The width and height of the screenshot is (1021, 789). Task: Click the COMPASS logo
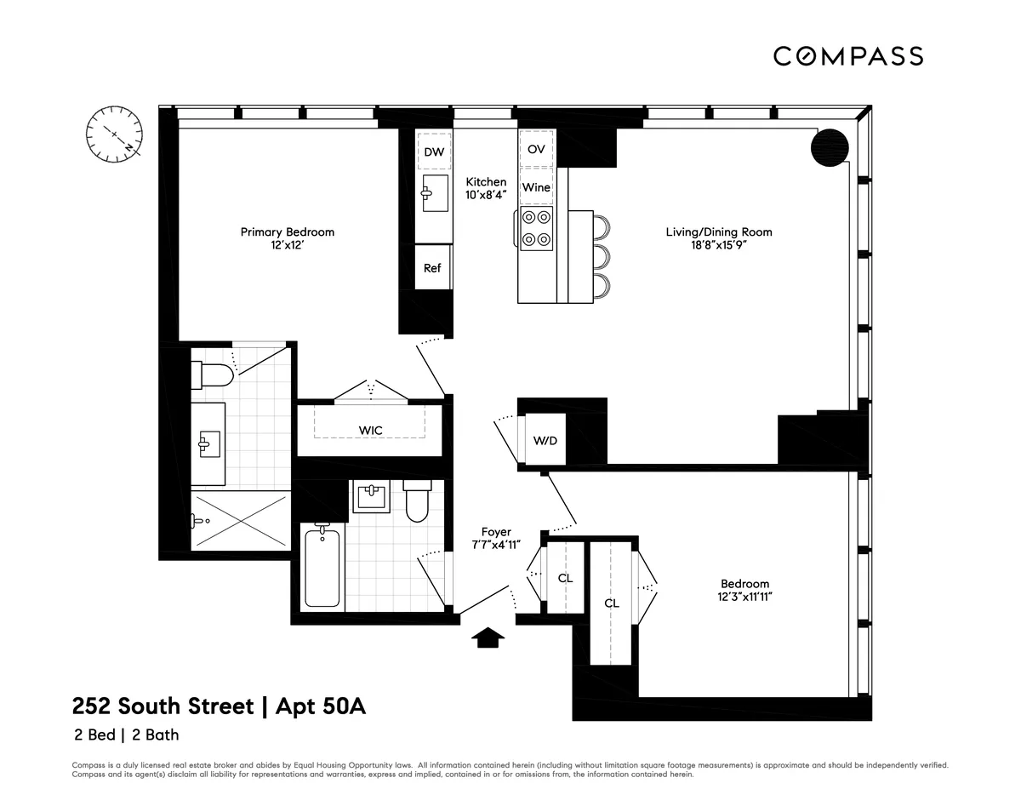coord(847,56)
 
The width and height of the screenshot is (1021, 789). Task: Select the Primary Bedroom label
coord(287,232)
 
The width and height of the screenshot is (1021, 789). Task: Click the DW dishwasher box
coord(434,152)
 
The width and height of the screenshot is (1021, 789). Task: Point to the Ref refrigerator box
coord(432,267)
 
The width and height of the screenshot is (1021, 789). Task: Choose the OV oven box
coord(535,149)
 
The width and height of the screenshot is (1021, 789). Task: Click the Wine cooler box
coord(535,187)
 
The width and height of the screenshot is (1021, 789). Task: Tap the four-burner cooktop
coord(535,228)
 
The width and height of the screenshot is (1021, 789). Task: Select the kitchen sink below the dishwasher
coord(435,193)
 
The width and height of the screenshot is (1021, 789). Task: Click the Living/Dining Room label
coord(719,232)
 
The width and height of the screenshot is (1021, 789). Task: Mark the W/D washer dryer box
coord(545,440)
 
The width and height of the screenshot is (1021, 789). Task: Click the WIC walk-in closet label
coord(370,431)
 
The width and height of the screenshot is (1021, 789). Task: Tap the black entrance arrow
coord(488,637)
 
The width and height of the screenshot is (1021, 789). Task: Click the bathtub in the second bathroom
coord(324,568)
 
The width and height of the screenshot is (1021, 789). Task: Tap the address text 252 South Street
coord(163,706)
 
